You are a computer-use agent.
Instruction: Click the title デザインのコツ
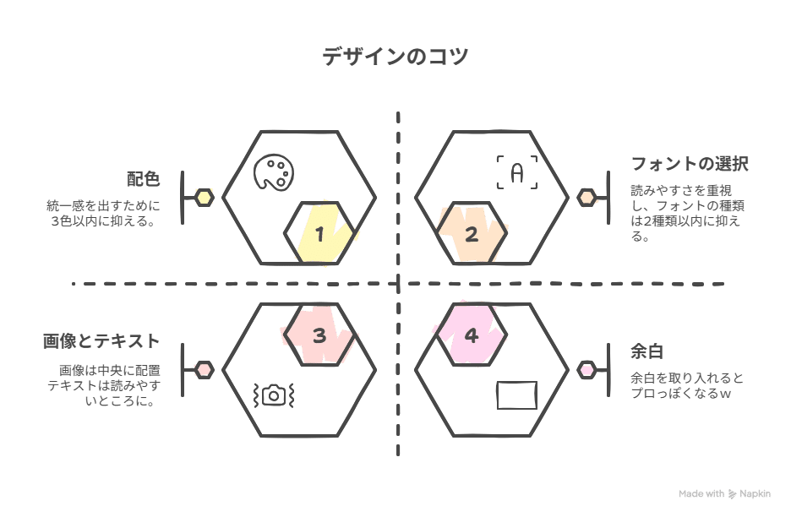(x=395, y=57)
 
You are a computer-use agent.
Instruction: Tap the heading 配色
(x=143, y=179)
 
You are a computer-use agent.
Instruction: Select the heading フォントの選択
(x=690, y=163)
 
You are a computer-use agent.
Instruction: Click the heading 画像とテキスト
(x=101, y=341)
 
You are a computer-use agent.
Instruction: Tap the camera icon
(x=272, y=394)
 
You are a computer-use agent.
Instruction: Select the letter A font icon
(x=516, y=172)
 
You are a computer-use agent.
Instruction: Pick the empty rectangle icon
(x=516, y=395)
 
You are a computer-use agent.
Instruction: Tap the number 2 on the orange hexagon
(x=472, y=234)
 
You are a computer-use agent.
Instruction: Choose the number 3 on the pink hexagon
(x=319, y=335)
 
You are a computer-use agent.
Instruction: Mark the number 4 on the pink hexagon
(x=472, y=335)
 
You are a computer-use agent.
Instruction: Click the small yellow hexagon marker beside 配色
(x=205, y=198)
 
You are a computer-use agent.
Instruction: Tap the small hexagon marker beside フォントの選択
(x=586, y=198)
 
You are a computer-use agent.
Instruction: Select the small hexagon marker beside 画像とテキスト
(x=205, y=369)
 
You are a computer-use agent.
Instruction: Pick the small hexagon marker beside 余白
(x=586, y=369)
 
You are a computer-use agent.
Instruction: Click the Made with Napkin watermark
(x=724, y=493)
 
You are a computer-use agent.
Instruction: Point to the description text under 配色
(x=103, y=213)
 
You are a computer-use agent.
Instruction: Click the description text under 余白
(x=686, y=385)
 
